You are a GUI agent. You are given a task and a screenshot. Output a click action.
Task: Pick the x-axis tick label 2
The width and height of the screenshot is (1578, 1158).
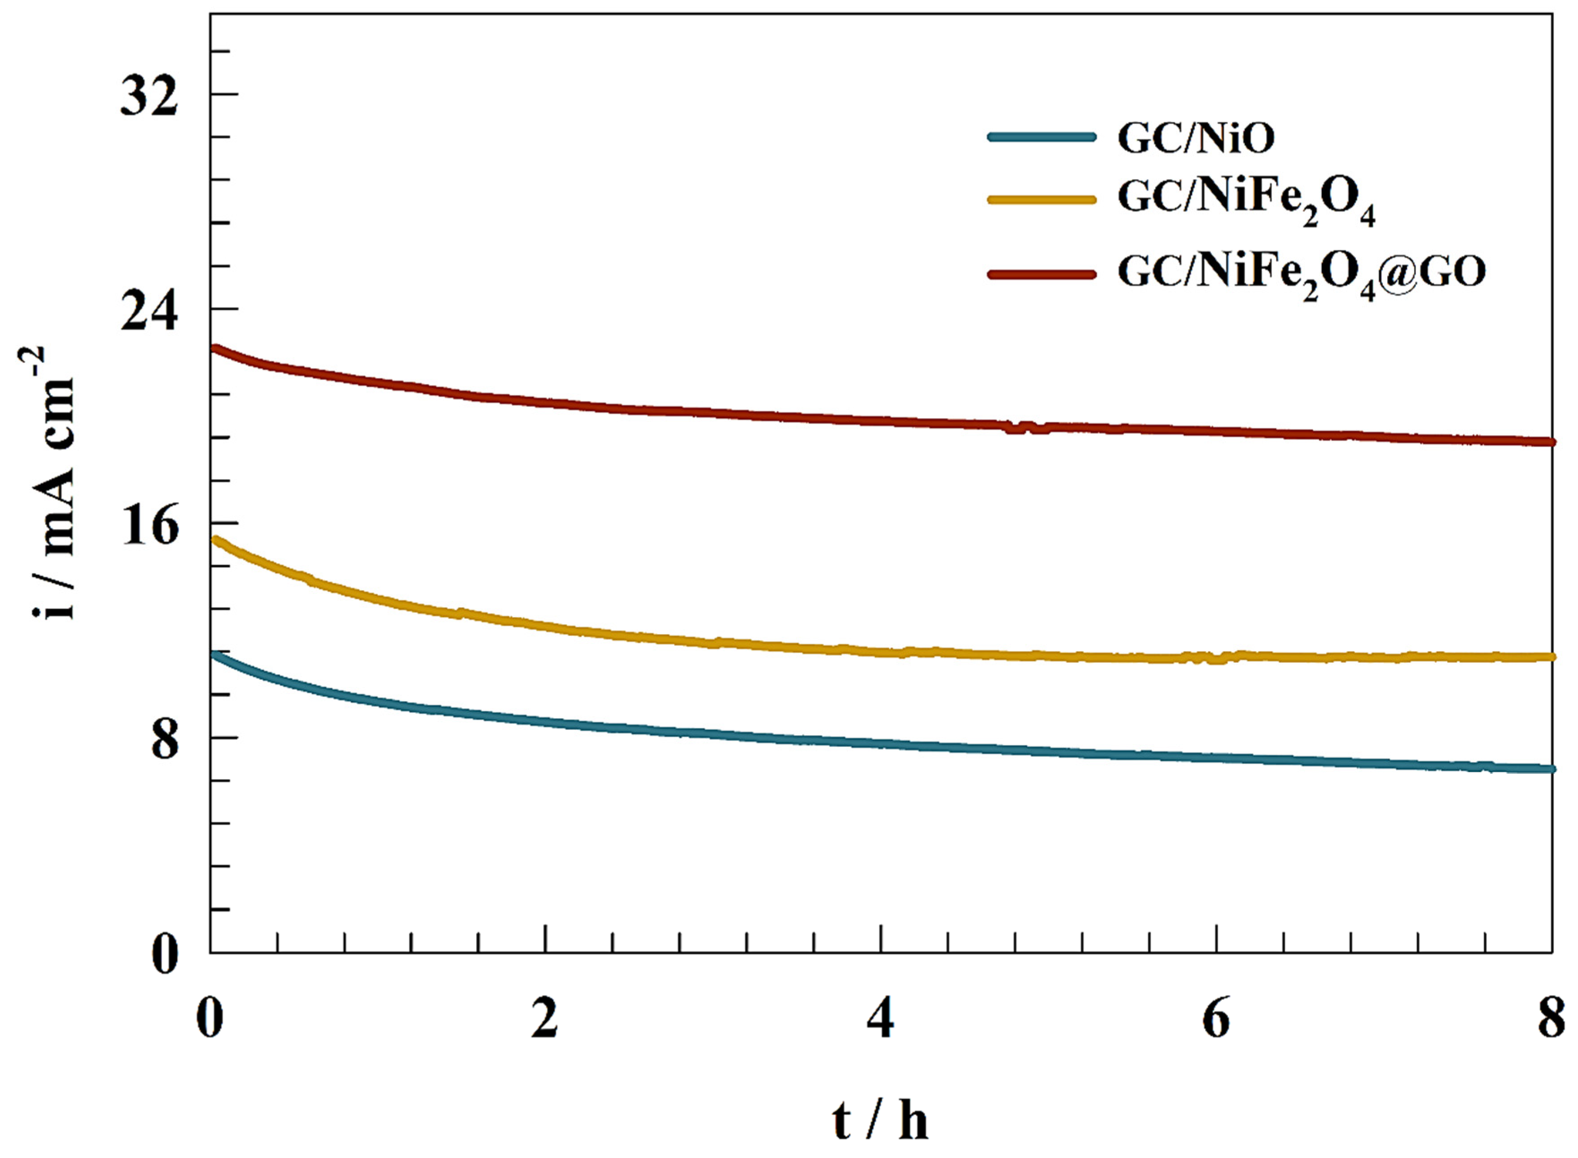(545, 1018)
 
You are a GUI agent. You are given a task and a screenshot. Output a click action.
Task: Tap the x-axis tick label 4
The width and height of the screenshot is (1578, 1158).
(880, 1018)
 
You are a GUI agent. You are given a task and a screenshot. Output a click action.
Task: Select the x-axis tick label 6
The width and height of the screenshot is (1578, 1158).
(1216, 1018)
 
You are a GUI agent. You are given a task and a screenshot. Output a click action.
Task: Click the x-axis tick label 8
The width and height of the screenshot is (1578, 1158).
(1552, 1018)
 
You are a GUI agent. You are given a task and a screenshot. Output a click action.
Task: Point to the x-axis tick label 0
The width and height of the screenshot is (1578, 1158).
(210, 1018)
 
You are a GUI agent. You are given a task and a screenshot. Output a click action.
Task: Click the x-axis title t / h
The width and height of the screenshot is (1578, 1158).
(880, 1120)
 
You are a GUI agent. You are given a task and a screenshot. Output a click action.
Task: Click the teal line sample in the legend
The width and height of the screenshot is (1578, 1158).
(1041, 137)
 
